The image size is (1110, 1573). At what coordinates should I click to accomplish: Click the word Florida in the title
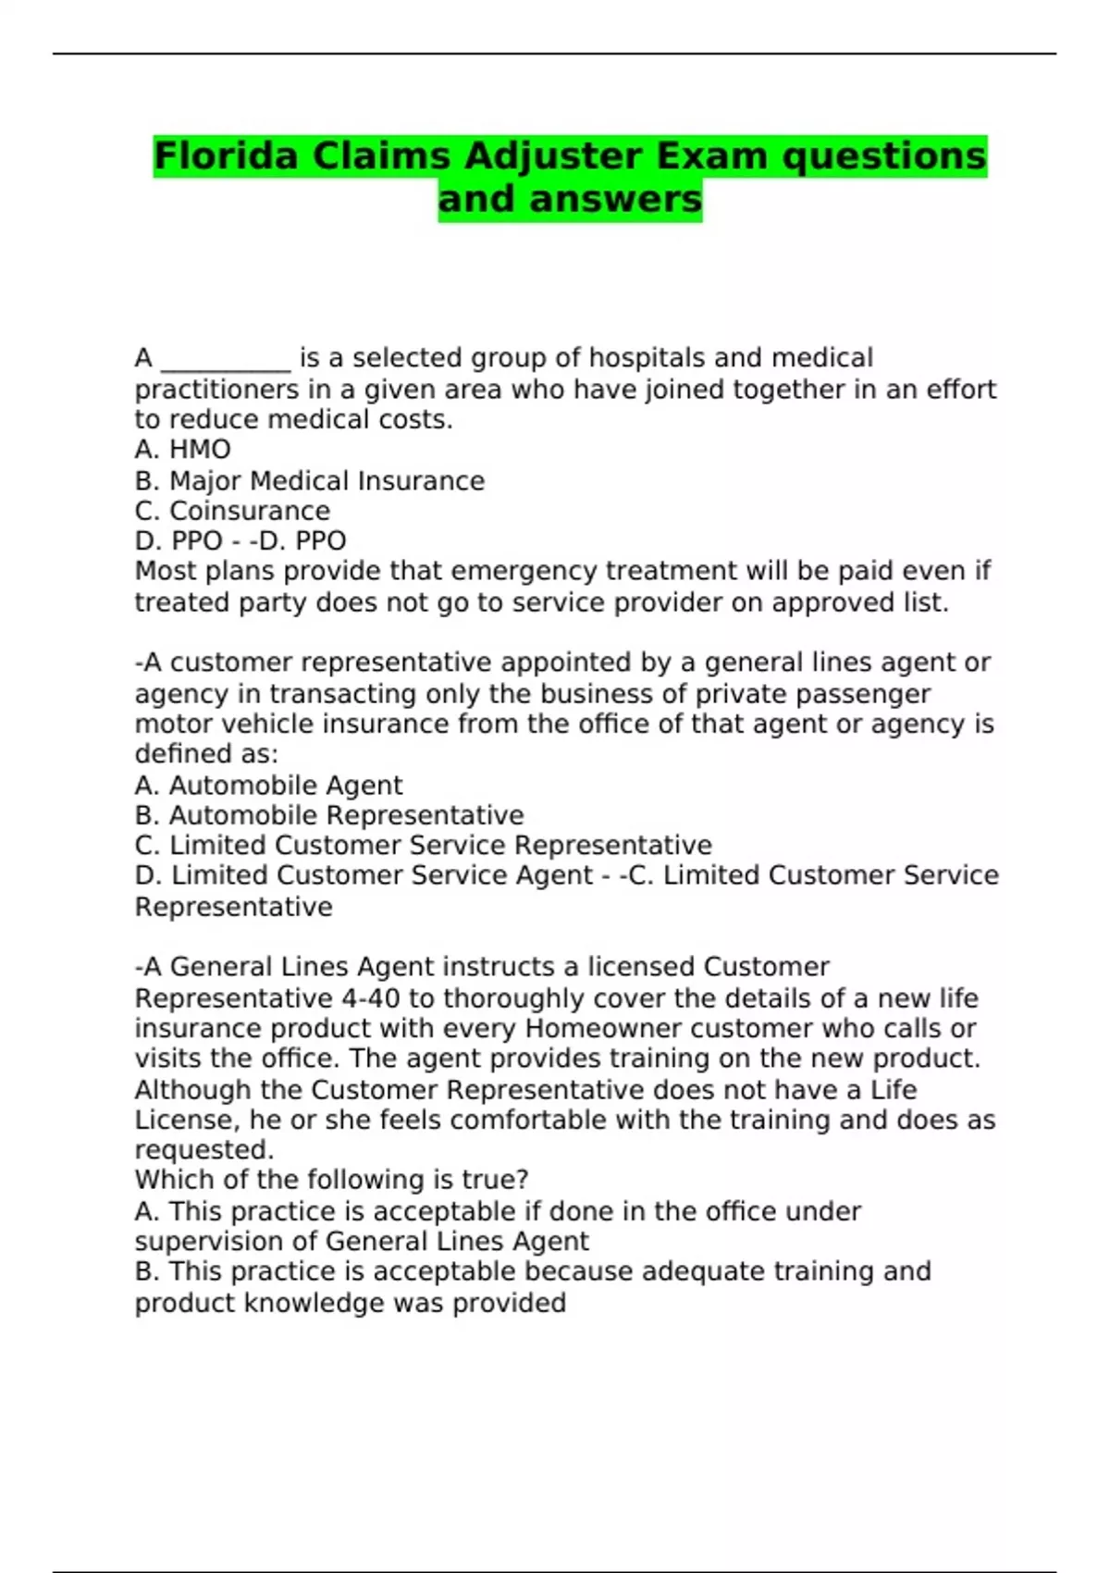click(x=226, y=156)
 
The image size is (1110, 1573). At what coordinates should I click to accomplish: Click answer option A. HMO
click(x=182, y=450)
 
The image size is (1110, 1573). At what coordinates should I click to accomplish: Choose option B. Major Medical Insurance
click(x=309, y=481)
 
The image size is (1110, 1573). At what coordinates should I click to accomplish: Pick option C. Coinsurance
click(x=232, y=511)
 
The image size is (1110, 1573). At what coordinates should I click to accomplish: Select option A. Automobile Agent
click(x=268, y=786)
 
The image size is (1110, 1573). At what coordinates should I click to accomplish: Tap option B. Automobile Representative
click(x=328, y=815)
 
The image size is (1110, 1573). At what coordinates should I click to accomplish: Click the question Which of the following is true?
click(x=331, y=1180)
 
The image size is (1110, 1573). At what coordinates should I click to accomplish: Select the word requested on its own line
click(x=203, y=1150)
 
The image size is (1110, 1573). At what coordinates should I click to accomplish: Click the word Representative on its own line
click(x=233, y=907)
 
